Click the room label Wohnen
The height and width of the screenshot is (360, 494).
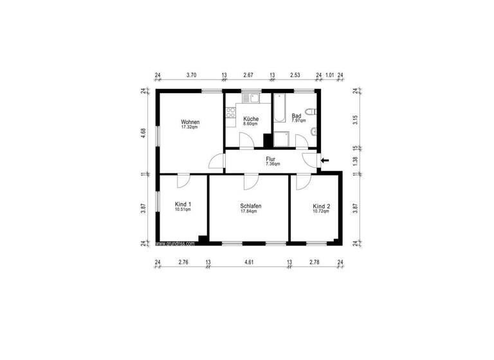click(190, 122)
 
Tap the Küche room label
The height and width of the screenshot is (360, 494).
click(251, 119)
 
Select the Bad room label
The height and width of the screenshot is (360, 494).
click(296, 116)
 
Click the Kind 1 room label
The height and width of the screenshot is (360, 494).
click(183, 204)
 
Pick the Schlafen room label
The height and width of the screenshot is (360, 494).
click(251, 206)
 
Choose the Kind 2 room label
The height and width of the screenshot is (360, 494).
click(321, 206)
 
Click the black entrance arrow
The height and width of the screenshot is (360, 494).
click(325, 159)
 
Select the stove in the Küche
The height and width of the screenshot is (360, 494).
click(231, 113)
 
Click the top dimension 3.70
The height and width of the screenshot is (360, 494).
click(191, 75)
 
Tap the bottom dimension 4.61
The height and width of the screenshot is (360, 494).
click(248, 262)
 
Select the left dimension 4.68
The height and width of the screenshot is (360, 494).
click(144, 132)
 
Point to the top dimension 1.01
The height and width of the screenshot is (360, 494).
click(329, 75)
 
